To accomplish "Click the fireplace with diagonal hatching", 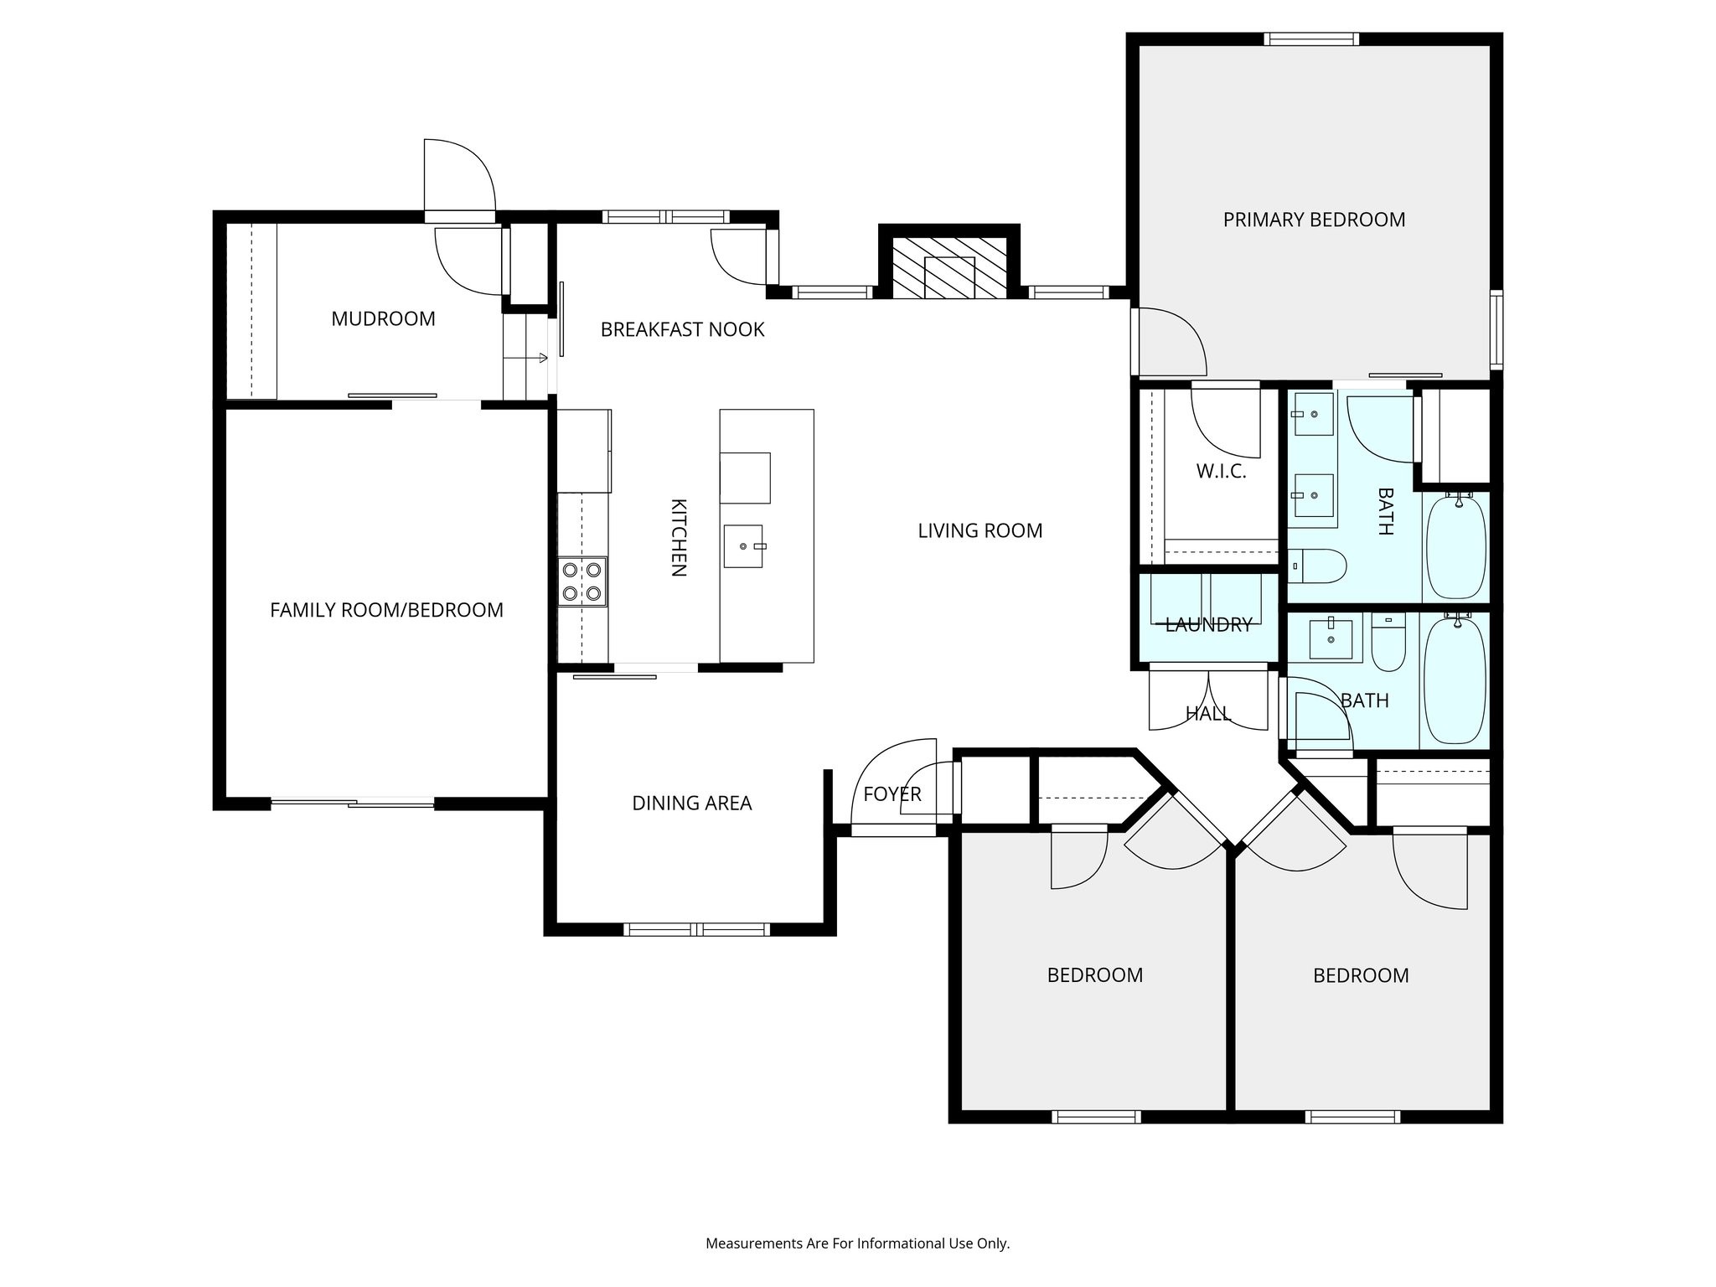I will [949, 267].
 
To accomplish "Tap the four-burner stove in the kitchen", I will [582, 581].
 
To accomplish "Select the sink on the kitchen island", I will [744, 546].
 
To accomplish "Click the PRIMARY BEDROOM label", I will [1314, 220].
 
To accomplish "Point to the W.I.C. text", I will [1221, 471].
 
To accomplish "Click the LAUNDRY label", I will [1208, 624].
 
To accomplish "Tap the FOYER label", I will [892, 793].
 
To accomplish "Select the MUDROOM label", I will [383, 318].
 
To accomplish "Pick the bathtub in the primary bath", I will [1455, 546].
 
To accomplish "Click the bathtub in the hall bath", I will [1455, 680].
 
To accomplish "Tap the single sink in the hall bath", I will [1331, 639].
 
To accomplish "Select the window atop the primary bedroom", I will [1311, 39].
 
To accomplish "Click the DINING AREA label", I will [691, 803].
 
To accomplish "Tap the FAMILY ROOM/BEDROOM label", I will [386, 610].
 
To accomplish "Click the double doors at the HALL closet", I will [1208, 700].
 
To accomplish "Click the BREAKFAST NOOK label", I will [682, 329].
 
